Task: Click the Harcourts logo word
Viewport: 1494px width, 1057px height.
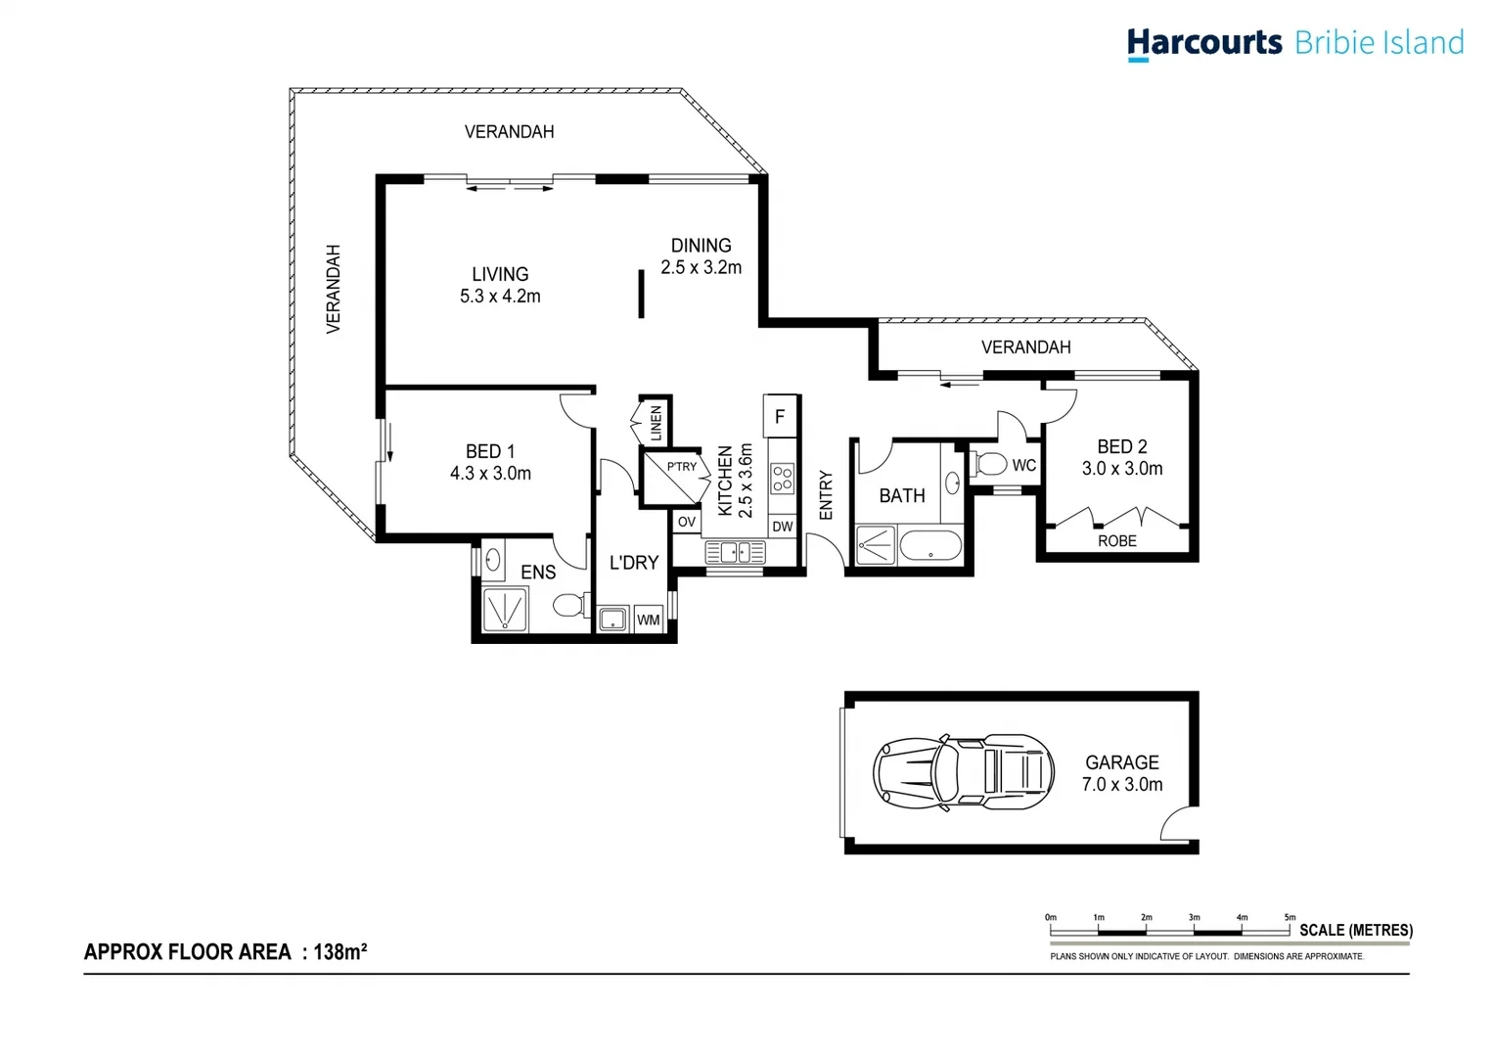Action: (x=1203, y=43)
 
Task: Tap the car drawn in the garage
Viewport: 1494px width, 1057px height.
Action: (x=963, y=772)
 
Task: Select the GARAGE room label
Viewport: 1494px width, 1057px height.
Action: (x=1121, y=762)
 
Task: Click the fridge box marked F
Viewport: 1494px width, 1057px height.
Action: (x=780, y=417)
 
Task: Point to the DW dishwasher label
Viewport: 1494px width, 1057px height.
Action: (x=782, y=527)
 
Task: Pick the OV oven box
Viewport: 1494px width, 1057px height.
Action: (x=687, y=522)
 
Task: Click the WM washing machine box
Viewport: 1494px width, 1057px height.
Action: (x=648, y=620)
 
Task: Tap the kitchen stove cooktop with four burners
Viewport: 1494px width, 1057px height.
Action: (x=782, y=479)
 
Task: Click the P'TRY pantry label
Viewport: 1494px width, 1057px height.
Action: (x=681, y=467)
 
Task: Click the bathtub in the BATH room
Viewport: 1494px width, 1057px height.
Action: (x=929, y=546)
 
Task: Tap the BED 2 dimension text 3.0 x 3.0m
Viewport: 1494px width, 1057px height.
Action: (x=1121, y=469)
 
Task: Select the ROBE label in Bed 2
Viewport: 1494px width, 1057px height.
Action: (x=1116, y=541)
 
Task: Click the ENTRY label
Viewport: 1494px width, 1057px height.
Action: (x=826, y=495)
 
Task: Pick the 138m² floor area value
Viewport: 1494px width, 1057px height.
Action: (x=340, y=951)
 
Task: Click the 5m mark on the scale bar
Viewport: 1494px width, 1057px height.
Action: (x=1290, y=918)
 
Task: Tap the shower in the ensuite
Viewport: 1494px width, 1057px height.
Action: (x=505, y=610)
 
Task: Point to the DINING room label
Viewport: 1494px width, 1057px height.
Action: (x=701, y=246)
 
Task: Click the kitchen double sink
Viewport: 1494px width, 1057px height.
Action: (x=735, y=553)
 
